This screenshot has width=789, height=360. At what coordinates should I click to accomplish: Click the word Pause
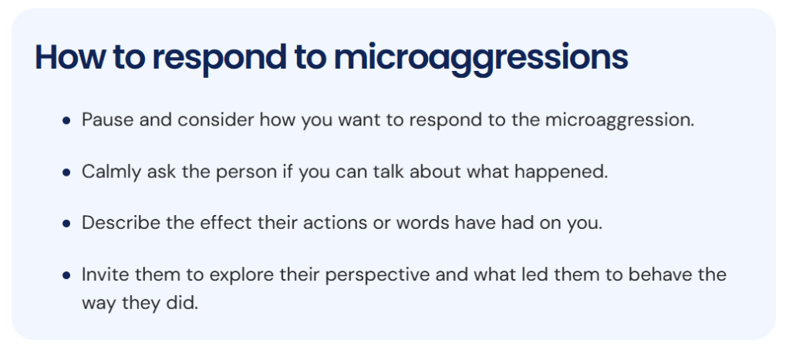tap(105, 121)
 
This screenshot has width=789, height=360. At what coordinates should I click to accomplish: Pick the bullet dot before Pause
tap(67, 122)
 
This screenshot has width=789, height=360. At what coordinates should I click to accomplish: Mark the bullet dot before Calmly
tap(67, 173)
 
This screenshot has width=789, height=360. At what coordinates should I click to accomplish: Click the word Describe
tap(117, 223)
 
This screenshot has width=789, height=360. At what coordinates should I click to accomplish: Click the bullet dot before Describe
tap(67, 224)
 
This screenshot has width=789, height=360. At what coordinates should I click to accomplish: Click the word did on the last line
tap(185, 303)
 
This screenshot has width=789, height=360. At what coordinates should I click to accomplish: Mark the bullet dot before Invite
tap(67, 275)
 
